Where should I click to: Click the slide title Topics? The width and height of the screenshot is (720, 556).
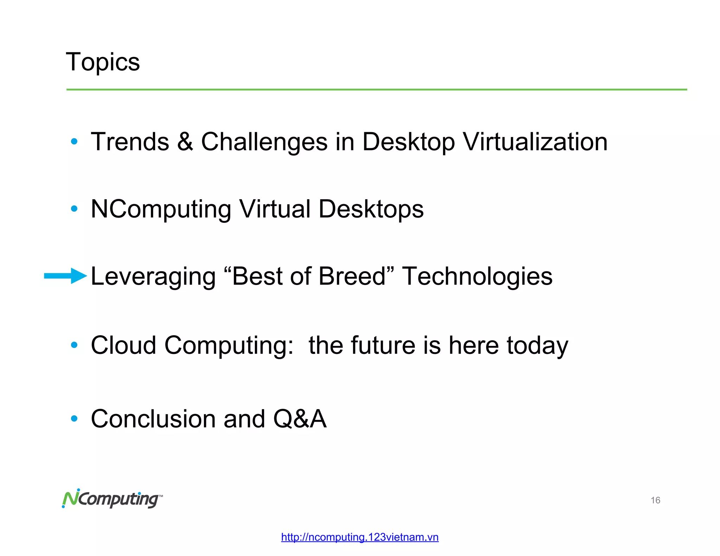pyautogui.click(x=103, y=62)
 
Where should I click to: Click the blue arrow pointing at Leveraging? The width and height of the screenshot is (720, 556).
pyautogui.click(x=65, y=276)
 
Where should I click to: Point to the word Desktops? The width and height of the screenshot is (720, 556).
pyautogui.click(x=371, y=209)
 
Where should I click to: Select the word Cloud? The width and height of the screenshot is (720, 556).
pyautogui.click(x=123, y=345)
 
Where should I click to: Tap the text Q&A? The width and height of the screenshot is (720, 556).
pyautogui.click(x=300, y=419)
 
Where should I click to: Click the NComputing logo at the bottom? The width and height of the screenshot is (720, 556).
pyautogui.click(x=112, y=499)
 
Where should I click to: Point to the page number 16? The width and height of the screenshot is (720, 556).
pyautogui.click(x=655, y=500)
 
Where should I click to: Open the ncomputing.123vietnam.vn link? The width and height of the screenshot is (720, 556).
pyautogui.click(x=360, y=537)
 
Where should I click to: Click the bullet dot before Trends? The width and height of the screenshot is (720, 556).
pyautogui.click(x=74, y=142)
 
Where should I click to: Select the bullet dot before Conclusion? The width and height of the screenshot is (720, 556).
pyautogui.click(x=74, y=419)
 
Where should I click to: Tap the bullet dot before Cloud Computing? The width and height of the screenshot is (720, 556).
pyautogui.click(x=74, y=345)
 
